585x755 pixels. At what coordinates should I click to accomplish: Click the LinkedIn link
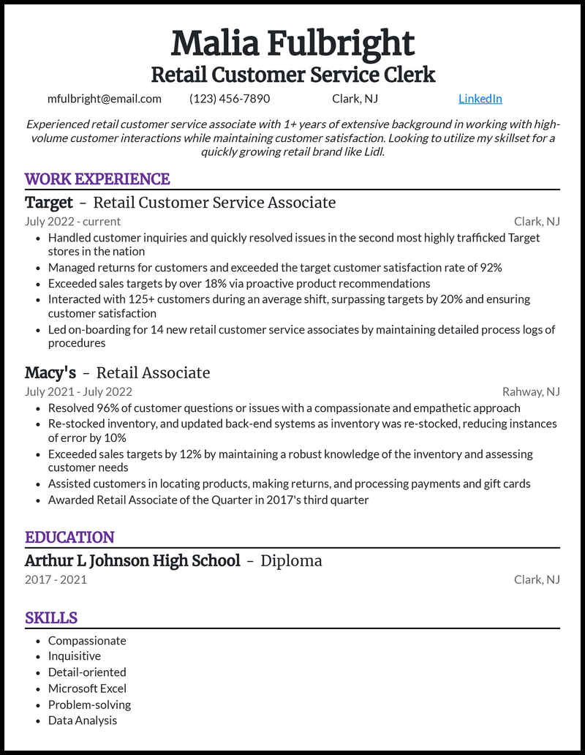(x=480, y=99)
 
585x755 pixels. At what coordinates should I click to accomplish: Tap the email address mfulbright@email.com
(x=104, y=99)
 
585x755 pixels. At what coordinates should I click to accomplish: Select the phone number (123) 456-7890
(x=230, y=99)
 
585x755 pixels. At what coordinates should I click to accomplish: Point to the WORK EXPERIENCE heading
(x=97, y=179)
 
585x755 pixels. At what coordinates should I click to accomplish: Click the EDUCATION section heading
(x=69, y=538)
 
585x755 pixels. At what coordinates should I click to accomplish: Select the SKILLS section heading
(x=51, y=618)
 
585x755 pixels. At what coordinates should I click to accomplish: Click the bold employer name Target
(x=49, y=203)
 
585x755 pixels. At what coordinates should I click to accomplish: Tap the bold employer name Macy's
(x=50, y=373)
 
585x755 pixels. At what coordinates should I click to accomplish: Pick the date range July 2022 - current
(x=72, y=222)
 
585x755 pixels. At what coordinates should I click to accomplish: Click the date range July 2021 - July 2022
(x=78, y=392)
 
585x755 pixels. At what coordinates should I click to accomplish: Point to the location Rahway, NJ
(x=531, y=392)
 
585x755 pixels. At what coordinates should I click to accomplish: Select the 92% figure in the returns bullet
(x=490, y=268)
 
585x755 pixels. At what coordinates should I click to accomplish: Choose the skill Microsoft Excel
(x=87, y=688)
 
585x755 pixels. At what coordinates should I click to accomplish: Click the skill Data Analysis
(x=83, y=721)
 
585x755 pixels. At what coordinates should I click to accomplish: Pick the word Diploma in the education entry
(x=291, y=561)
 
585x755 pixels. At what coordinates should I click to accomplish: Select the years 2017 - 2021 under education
(x=56, y=579)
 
